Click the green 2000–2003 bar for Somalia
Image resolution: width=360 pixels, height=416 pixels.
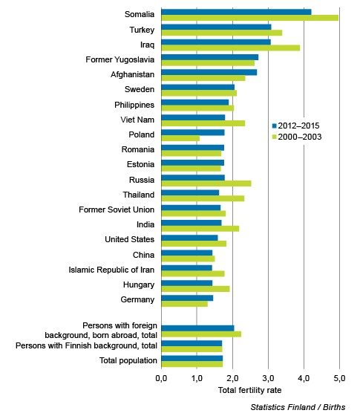click(x=249, y=18)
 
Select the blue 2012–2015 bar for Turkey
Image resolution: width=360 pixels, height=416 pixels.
click(x=216, y=27)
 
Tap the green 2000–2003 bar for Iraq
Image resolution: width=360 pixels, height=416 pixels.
click(x=231, y=48)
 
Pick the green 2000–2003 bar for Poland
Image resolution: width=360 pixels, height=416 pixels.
click(x=180, y=138)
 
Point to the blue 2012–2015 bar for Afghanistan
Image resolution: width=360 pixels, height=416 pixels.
click(x=209, y=72)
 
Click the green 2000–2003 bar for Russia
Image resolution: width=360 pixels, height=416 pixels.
click(x=206, y=183)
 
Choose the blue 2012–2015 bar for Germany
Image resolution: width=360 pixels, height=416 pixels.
click(x=187, y=298)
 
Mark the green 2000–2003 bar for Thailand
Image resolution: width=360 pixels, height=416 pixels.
click(x=203, y=198)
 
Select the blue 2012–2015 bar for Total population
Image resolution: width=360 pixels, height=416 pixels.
click(x=192, y=358)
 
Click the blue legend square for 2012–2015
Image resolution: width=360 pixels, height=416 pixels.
click(x=275, y=126)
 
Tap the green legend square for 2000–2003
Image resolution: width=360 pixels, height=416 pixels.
click(x=275, y=137)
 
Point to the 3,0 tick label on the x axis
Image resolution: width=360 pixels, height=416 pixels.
click(x=268, y=378)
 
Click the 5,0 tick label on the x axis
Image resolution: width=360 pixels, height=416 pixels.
click(x=340, y=378)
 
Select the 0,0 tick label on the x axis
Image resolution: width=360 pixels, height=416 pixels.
click(x=161, y=378)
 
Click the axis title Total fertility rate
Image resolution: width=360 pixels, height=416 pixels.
click(x=249, y=390)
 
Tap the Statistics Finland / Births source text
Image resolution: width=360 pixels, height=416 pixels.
click(x=298, y=407)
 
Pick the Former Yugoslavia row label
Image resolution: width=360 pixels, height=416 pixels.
click(x=120, y=59)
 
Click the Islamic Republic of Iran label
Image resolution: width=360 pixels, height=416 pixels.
click(x=111, y=270)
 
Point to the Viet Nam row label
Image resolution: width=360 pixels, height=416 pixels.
click(x=137, y=120)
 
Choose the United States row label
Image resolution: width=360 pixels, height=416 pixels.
click(x=130, y=239)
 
